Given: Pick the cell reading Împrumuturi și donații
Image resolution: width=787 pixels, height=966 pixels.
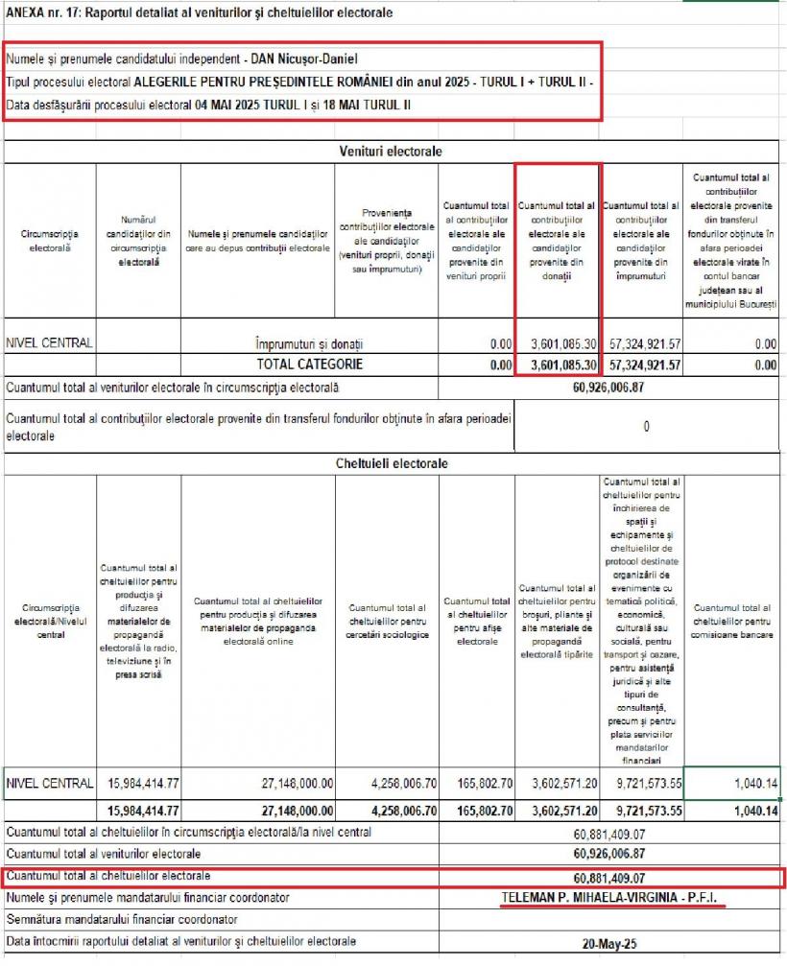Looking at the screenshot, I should [309, 343].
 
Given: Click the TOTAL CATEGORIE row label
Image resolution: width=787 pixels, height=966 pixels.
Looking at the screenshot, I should [309, 365].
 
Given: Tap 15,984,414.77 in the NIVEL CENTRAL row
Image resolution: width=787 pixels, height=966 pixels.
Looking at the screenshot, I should [139, 784].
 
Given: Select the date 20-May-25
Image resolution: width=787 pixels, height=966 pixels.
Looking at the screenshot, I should [610, 943].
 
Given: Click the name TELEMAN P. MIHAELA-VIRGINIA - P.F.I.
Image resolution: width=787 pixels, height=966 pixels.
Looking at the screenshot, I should [611, 899].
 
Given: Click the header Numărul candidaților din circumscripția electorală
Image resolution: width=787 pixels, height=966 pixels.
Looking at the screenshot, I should [138, 240].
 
